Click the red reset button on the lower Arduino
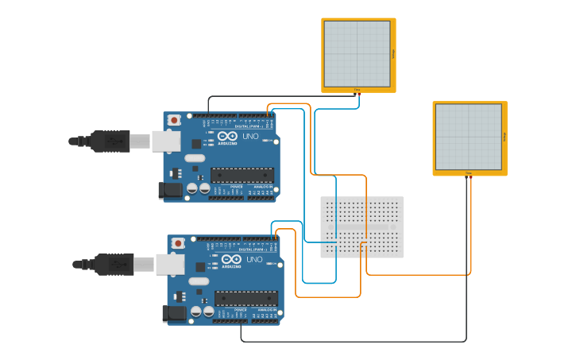point(178,242)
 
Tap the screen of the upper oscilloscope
point(357,53)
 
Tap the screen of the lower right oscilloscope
point(468,137)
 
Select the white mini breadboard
point(361,227)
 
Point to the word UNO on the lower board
point(255,260)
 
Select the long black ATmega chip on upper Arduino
point(242,175)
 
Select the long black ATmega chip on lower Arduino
point(246,298)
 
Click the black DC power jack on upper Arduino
point(169,189)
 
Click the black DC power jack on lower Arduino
point(173,313)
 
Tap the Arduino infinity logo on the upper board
point(227,137)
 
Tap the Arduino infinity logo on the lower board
point(231,260)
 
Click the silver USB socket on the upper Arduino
point(165,141)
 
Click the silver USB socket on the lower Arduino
point(169,265)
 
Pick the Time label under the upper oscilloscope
point(357,90)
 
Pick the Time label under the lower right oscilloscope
point(468,172)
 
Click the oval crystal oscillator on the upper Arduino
point(195,158)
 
